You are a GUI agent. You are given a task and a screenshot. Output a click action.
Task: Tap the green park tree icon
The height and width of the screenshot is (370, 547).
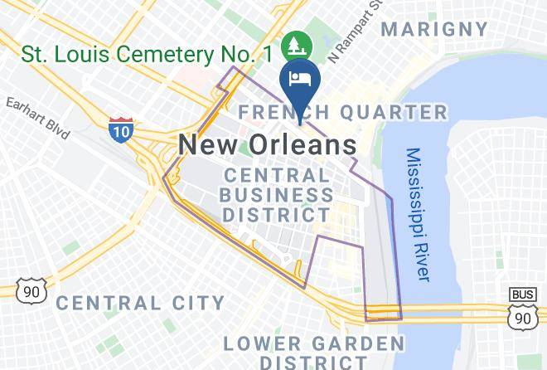point(293,43)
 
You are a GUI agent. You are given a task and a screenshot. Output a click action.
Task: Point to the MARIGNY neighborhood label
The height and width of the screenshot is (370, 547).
point(434,29)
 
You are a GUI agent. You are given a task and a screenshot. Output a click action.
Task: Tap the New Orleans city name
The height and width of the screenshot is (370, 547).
point(268,145)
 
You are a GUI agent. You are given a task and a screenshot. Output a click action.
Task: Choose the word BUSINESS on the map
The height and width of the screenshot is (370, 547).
point(278,195)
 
